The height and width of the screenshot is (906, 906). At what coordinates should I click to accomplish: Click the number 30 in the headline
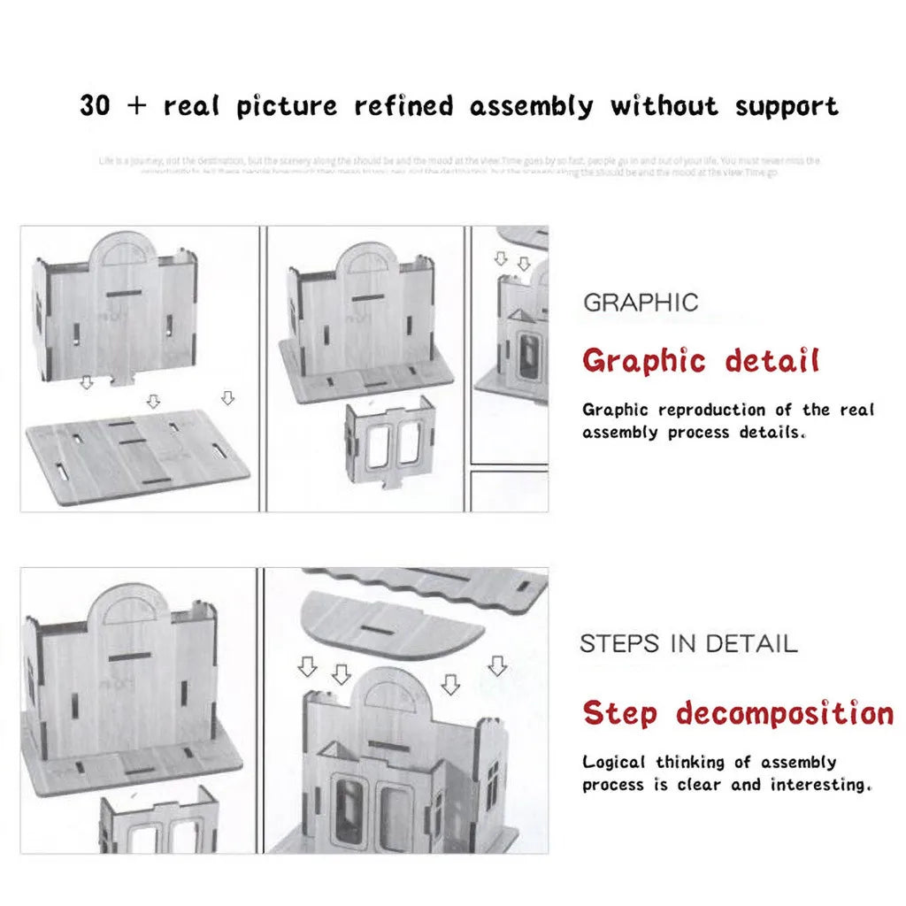96,106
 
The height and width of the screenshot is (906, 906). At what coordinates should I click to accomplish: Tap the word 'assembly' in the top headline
532,107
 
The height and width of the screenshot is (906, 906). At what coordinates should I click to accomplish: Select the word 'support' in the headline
786,107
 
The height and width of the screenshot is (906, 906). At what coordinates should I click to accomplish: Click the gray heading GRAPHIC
641,303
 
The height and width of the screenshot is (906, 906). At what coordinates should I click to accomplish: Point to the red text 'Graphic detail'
701,361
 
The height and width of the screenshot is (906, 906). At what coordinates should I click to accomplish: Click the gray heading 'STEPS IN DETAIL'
688,643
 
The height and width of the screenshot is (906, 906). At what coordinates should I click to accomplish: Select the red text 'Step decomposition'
738,712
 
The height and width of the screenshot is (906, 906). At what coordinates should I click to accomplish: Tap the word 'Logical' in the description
614,762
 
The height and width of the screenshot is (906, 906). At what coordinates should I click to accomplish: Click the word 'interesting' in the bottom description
820,785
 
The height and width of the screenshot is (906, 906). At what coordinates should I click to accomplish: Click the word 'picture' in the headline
287,107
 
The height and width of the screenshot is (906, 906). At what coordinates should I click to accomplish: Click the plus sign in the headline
136,107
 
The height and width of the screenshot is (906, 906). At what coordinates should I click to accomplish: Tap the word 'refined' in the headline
403,107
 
